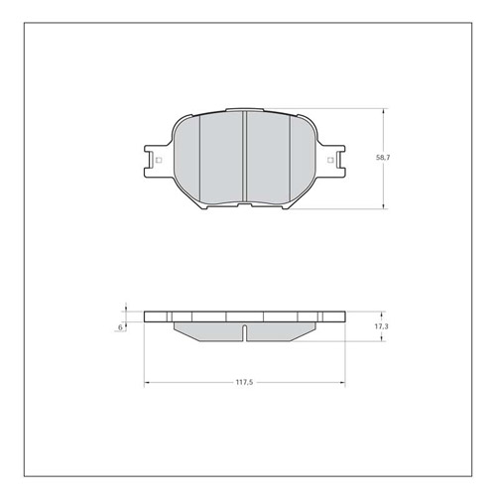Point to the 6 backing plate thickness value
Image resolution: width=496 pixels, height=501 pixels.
120,326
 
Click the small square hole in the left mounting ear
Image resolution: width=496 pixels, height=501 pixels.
158,159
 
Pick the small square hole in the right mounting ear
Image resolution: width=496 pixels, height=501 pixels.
331,159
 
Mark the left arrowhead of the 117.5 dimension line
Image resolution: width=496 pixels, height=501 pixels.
148,381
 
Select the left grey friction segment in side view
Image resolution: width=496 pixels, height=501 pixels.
208,329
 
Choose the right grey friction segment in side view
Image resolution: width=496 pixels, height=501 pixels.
281,329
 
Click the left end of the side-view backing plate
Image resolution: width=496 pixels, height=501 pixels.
146,316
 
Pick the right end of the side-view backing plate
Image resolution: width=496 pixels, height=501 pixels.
343,316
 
